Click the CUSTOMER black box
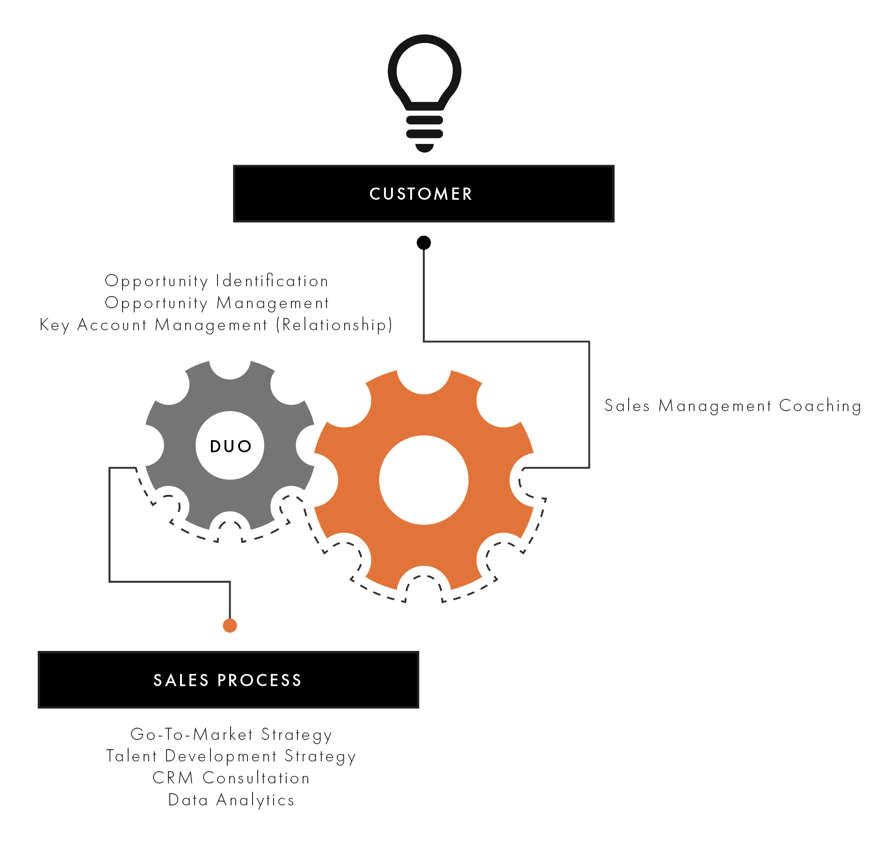point(424,194)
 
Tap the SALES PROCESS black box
point(228,680)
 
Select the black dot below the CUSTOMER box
point(424,243)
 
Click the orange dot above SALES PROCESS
point(230,625)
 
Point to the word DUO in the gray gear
point(231,446)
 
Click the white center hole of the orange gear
point(424,480)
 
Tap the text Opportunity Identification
point(217,281)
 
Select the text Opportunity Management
point(217,303)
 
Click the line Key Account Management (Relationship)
point(216,325)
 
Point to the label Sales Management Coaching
point(732,406)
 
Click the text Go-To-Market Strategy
point(231,735)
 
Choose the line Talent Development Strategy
point(231,756)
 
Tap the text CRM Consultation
point(231,778)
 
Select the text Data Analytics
point(231,800)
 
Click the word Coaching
point(820,406)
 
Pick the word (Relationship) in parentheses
point(334,325)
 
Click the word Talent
point(131,756)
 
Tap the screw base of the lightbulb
point(425,132)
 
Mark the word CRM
point(173,778)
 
